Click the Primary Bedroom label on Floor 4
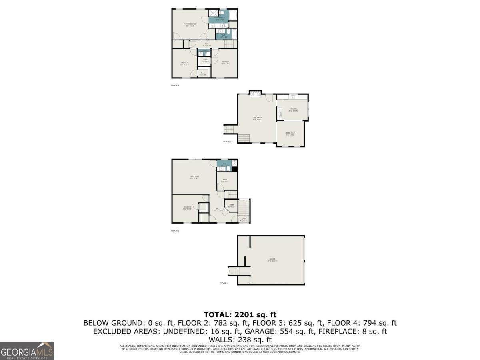click(x=190, y=24)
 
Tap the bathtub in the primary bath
click(x=233, y=15)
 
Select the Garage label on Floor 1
click(x=272, y=260)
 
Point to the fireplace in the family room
click(x=254, y=94)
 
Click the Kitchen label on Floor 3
click(x=294, y=110)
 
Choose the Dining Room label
click(x=290, y=134)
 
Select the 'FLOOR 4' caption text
click(x=175, y=86)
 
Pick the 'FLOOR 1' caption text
click(x=223, y=283)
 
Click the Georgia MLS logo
click(x=27, y=351)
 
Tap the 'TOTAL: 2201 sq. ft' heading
click(x=240, y=315)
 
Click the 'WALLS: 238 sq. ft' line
click(x=240, y=340)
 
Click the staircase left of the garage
click(x=233, y=271)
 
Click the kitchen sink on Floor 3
click(x=293, y=96)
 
